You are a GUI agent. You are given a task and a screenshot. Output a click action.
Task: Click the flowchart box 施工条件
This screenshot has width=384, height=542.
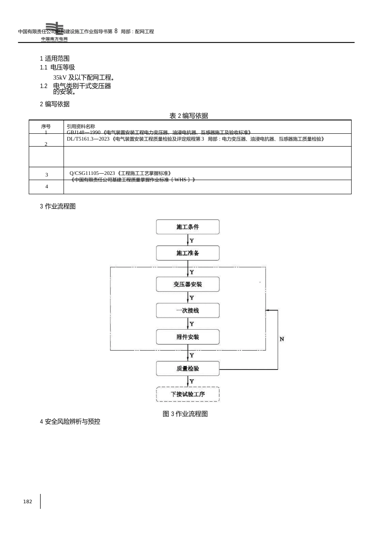click(x=188, y=227)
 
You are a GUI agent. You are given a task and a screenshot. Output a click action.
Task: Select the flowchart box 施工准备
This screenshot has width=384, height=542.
click(x=188, y=253)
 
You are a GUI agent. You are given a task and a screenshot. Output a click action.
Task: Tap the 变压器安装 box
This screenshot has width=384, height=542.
click(x=188, y=284)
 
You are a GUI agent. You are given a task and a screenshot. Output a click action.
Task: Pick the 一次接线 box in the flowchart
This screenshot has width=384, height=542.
click(x=188, y=311)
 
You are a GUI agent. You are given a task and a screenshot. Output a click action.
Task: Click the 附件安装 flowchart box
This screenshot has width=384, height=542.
click(x=188, y=337)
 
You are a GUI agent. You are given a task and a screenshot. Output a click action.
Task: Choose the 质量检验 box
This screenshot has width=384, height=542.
click(x=188, y=368)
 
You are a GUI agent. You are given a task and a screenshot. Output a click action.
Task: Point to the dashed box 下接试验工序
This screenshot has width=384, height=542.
click(x=188, y=394)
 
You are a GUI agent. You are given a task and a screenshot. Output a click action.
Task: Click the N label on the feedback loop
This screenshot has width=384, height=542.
click(x=282, y=339)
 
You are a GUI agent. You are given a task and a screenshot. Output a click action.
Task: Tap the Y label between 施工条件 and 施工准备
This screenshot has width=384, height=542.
click(x=192, y=241)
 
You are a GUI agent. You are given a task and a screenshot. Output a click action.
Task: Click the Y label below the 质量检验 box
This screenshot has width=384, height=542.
click(x=192, y=381)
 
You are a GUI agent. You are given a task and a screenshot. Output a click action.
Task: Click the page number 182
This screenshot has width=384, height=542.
click(x=27, y=502)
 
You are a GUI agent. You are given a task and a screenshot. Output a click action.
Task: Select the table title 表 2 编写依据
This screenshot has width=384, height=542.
click(x=189, y=116)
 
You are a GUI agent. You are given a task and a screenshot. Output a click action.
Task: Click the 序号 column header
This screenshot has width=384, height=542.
click(x=46, y=126)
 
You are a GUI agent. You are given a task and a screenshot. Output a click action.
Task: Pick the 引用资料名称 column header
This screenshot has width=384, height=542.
click(x=81, y=126)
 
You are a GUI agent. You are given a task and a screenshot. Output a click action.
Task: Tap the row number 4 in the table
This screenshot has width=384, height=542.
click(x=46, y=187)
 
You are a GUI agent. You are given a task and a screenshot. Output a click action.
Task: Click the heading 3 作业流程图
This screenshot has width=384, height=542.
click(x=58, y=206)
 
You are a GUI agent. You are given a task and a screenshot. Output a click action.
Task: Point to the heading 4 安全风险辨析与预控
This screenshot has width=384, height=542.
click(x=70, y=422)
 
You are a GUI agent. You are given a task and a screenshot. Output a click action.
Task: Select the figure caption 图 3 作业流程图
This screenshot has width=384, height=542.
click(x=185, y=414)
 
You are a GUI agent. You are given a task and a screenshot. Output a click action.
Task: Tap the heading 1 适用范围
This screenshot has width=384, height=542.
click(x=55, y=59)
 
